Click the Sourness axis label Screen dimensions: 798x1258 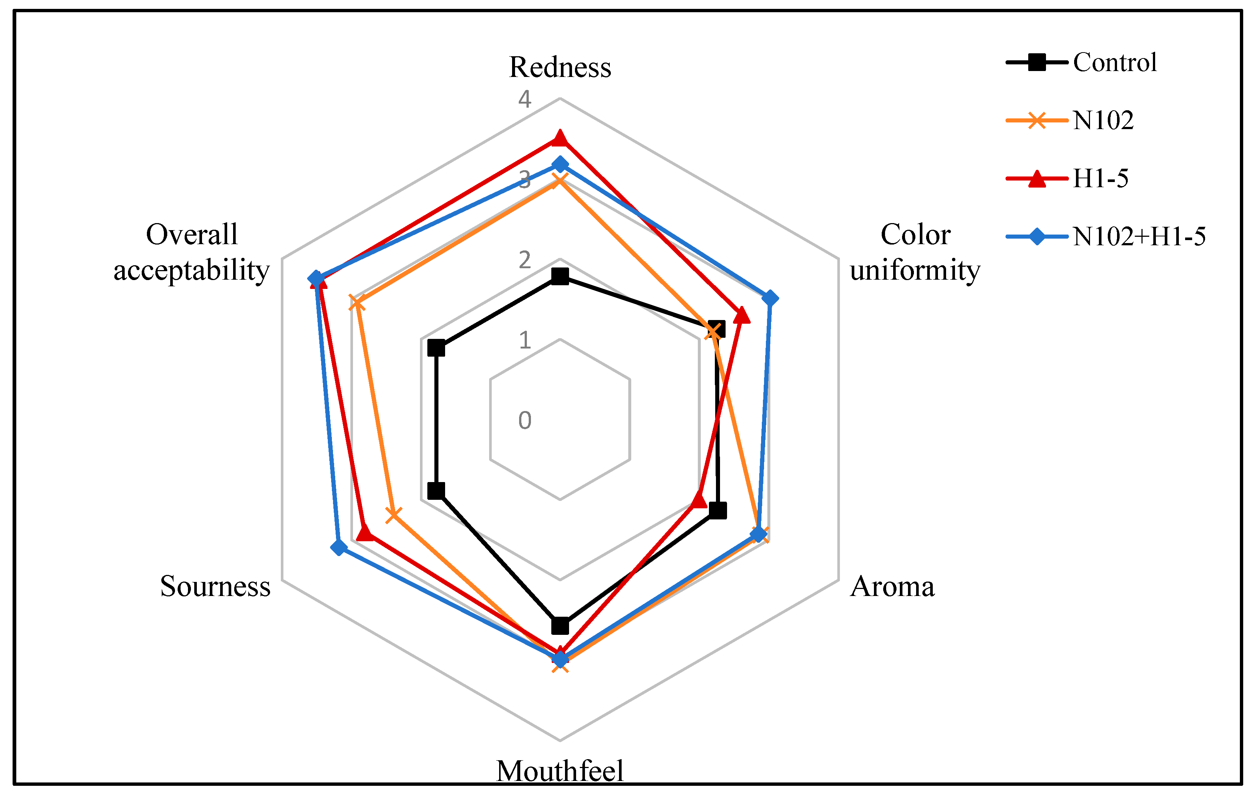(x=215, y=586)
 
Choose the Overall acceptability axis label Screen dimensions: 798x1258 (x=192, y=252)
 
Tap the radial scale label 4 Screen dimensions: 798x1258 (x=525, y=99)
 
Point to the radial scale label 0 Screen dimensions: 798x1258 (x=525, y=420)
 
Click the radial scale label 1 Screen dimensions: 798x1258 (x=525, y=340)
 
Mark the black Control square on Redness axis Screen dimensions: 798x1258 (x=560, y=276)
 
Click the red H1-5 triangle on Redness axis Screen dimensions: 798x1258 (x=560, y=138)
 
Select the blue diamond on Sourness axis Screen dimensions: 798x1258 (x=339, y=547)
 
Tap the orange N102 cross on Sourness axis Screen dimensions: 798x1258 (x=393, y=515)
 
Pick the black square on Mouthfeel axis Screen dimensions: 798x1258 (x=560, y=626)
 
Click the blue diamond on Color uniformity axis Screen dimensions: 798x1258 (x=770, y=299)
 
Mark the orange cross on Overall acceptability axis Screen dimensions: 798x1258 (x=357, y=303)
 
